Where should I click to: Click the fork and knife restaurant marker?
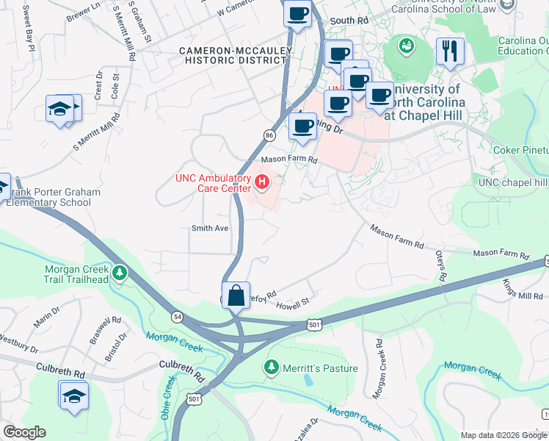click(x=449, y=51)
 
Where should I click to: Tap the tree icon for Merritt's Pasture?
click(x=272, y=366)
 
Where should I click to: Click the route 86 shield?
click(x=269, y=136)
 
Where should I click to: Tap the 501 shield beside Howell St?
click(x=313, y=323)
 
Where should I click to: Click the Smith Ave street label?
click(x=210, y=228)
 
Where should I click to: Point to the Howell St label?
click(x=293, y=302)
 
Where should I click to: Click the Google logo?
click(x=24, y=432)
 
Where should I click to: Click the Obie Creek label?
click(x=168, y=398)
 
